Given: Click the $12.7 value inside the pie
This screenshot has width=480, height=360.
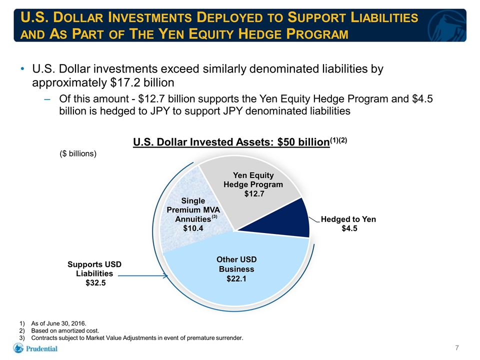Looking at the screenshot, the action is click(254, 194).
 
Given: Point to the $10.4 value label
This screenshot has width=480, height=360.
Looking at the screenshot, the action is click(193, 228).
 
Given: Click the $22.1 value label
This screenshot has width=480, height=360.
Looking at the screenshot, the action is click(236, 278).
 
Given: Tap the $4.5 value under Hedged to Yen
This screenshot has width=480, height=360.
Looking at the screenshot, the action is click(349, 228).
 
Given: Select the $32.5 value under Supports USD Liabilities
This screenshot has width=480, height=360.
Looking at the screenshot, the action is click(95, 283).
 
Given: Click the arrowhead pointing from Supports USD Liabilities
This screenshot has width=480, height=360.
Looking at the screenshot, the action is click(166, 276).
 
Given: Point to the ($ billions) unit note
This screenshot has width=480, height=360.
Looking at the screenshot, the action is click(78, 153).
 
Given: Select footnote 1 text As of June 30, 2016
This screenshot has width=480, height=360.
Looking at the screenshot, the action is click(59, 323).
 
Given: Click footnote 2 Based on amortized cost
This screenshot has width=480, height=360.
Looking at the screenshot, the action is click(65, 331).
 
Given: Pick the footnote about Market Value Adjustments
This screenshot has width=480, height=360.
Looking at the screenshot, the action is click(137, 338).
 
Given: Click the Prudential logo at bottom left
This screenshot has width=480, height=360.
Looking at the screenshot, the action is click(35, 348).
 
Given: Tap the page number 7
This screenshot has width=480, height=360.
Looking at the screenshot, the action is click(457, 348).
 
